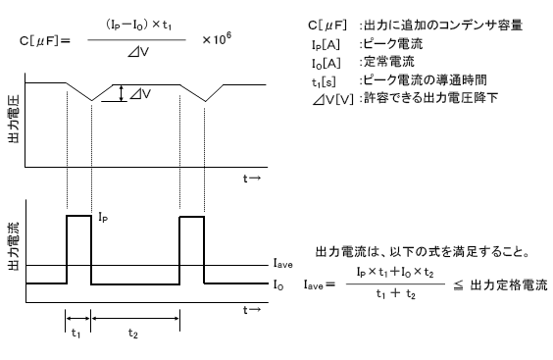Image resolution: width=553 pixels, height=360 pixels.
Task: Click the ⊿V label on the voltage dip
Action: point(140,94)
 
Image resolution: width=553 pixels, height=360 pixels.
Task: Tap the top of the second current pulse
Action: point(192,216)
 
